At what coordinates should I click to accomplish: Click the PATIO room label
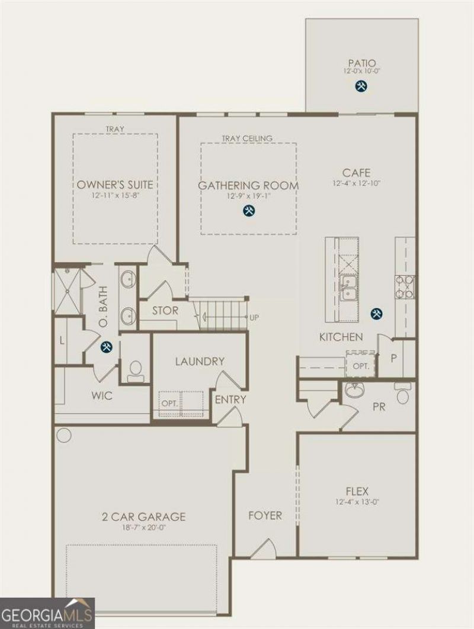[362, 63]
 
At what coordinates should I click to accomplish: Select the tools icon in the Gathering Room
[249, 211]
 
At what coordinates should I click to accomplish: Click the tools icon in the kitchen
[377, 314]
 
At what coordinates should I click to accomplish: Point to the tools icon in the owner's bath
[107, 347]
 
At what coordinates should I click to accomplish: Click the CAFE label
[356, 173]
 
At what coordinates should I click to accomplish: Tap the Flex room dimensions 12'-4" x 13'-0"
[357, 501]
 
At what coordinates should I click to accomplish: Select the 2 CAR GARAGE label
[144, 517]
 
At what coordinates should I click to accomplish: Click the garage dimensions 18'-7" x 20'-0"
[144, 527]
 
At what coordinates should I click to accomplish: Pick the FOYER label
[265, 515]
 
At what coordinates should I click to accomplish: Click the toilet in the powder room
[402, 392]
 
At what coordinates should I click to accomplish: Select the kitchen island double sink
[348, 288]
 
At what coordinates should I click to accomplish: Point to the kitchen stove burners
[405, 288]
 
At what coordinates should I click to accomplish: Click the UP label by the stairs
[254, 318]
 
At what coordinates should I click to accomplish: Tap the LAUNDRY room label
[200, 362]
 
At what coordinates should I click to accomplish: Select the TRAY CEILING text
[247, 138]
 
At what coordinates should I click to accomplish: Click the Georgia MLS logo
[47, 614]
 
